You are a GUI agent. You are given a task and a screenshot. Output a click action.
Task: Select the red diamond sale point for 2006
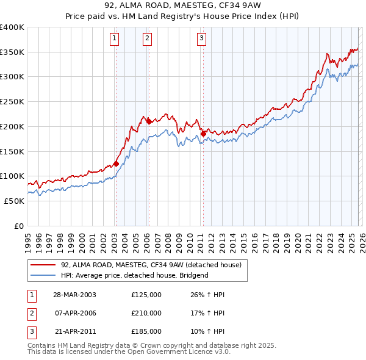(148, 121)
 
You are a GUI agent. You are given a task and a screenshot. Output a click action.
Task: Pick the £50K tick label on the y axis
(14, 201)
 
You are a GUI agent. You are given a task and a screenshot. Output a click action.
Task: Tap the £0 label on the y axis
(19, 226)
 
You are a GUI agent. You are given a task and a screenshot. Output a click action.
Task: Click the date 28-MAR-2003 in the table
(74, 295)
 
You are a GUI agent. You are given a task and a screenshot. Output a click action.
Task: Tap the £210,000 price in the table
(146, 313)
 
